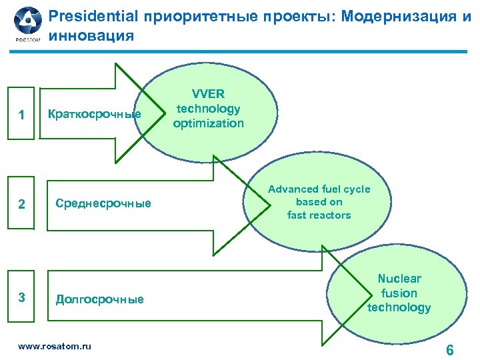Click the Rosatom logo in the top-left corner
[x=27, y=25]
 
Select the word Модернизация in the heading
[x=397, y=15]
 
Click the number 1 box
[x=22, y=115]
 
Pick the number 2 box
[x=22, y=204]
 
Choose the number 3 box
[x=22, y=297]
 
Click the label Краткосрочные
[x=93, y=114]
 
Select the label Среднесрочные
[x=103, y=203]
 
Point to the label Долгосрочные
[x=99, y=299]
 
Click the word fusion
[x=399, y=293]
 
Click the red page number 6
[x=450, y=350]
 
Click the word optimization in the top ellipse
[x=209, y=123]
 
